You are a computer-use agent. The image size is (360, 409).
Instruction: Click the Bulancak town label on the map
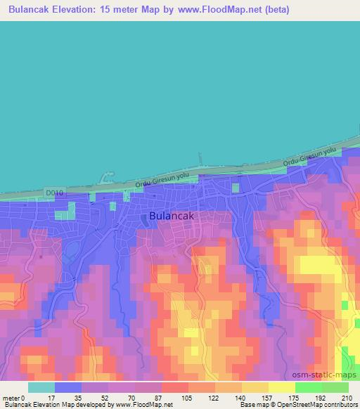click(x=172, y=216)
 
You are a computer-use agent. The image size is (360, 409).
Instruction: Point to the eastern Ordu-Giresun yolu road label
click(x=311, y=157)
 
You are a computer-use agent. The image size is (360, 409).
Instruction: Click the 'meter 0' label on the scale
click(x=13, y=397)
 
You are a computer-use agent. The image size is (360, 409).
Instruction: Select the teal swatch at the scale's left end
click(x=41, y=387)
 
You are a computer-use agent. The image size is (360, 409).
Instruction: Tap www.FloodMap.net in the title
click(x=213, y=10)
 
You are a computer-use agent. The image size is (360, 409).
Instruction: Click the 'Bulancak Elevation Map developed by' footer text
click(x=52, y=405)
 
